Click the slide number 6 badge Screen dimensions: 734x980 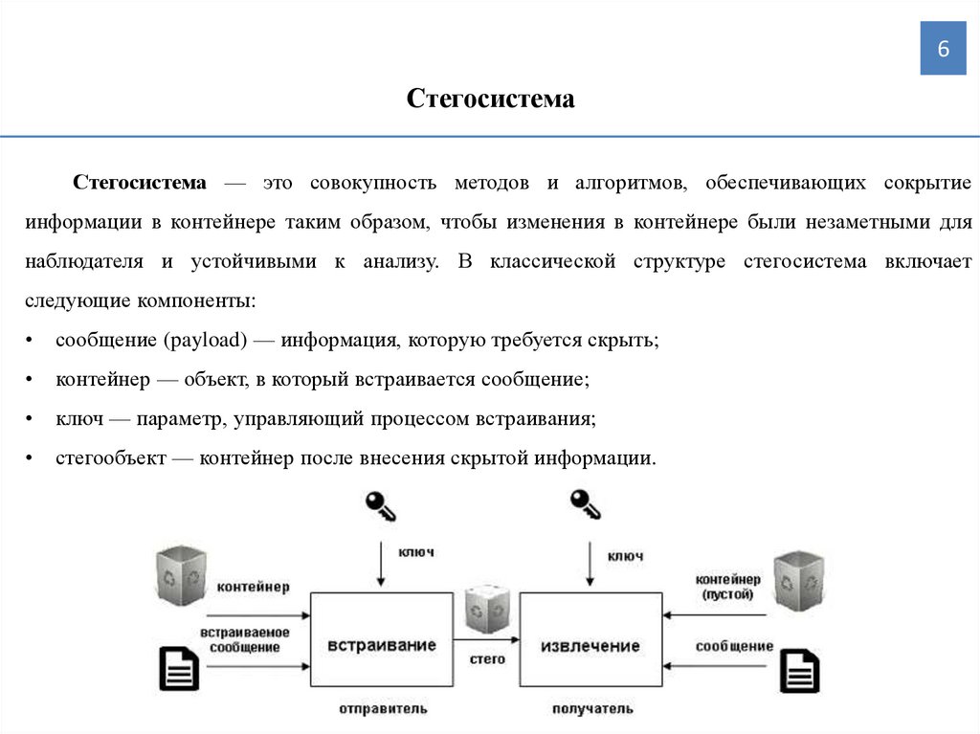click(943, 50)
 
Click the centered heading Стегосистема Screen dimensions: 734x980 click(491, 99)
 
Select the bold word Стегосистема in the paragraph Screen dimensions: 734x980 click(141, 182)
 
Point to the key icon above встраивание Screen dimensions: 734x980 click(380, 505)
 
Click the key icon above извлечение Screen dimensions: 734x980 click(585, 504)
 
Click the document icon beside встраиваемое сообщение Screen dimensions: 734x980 click(178, 669)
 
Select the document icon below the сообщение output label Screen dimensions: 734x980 click(799, 670)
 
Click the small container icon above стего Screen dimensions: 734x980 click(485, 612)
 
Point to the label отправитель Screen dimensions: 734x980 click(383, 709)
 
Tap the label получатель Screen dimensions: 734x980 click(592, 709)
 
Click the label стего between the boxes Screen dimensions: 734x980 click(487, 659)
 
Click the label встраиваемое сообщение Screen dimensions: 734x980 click(245, 639)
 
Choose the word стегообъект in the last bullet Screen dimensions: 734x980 click(109, 458)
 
